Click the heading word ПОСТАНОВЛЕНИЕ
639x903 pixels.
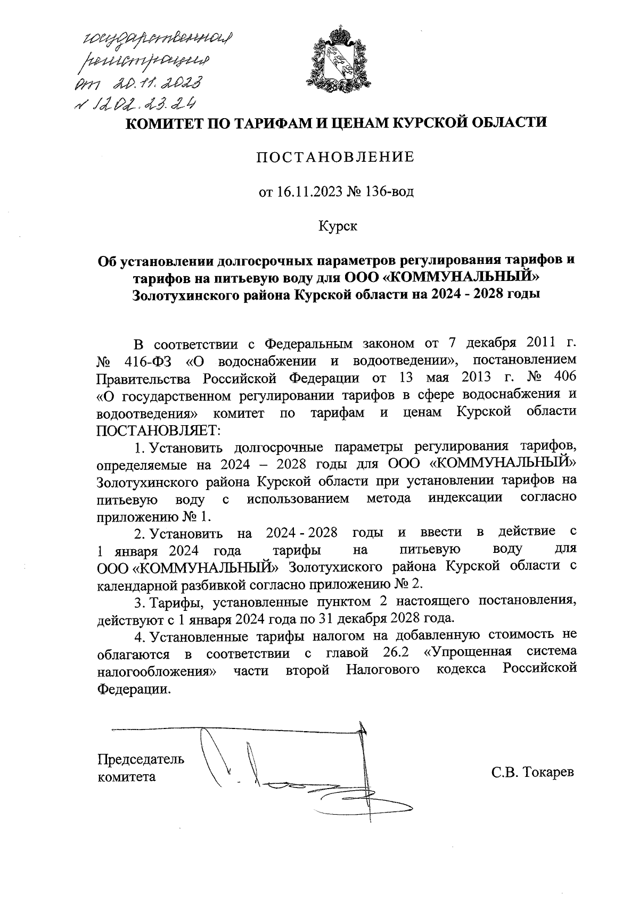pos(336,157)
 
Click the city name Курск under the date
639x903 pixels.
pos(338,226)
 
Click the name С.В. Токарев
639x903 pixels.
pos(533,773)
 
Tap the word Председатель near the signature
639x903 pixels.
pos(141,759)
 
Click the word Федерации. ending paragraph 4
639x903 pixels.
pos(135,690)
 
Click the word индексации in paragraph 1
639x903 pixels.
pos(465,499)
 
